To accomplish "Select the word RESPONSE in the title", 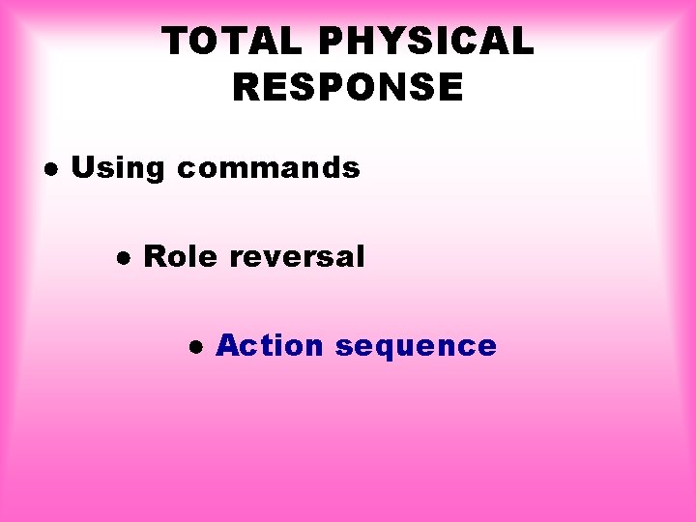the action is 348,88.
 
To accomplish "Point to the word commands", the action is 268,168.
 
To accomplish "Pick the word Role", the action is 181,257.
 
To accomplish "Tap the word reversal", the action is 298,257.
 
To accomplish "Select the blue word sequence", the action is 416,347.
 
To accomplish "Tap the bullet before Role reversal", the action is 123,258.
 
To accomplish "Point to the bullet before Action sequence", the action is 195,346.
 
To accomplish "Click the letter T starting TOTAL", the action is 175,43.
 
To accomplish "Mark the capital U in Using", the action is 82,168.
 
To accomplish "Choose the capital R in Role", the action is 154,257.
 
